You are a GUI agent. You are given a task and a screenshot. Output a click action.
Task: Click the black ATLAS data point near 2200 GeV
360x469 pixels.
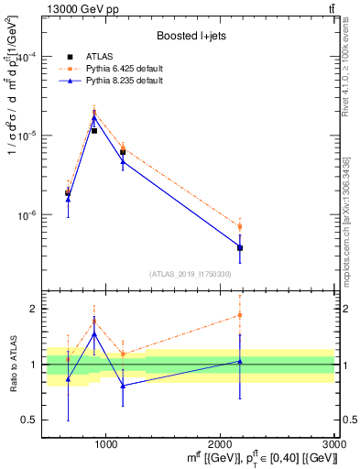coord(240,247)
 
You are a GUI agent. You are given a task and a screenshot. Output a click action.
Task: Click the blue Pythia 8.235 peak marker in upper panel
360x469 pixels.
coord(94,117)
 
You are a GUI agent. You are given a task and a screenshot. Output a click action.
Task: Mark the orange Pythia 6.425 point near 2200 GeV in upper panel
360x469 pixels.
coord(240,226)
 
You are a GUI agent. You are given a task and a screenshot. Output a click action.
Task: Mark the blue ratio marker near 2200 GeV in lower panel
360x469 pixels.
coord(240,362)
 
